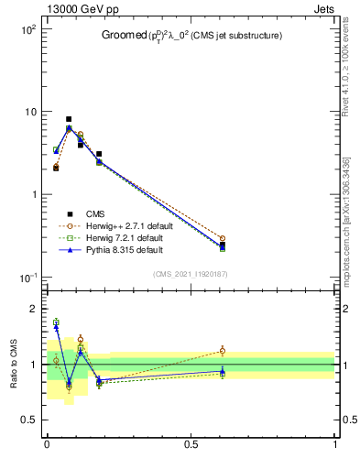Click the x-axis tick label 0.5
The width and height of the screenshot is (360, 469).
click(x=191, y=445)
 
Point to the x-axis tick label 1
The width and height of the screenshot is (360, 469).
click(x=335, y=445)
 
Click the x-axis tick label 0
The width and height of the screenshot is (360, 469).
click(x=47, y=445)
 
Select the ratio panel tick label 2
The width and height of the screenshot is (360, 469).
click(x=33, y=309)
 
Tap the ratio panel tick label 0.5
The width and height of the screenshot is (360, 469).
click(x=28, y=420)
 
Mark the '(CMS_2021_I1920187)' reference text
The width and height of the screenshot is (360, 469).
click(x=191, y=274)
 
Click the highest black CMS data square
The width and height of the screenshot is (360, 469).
click(x=69, y=119)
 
